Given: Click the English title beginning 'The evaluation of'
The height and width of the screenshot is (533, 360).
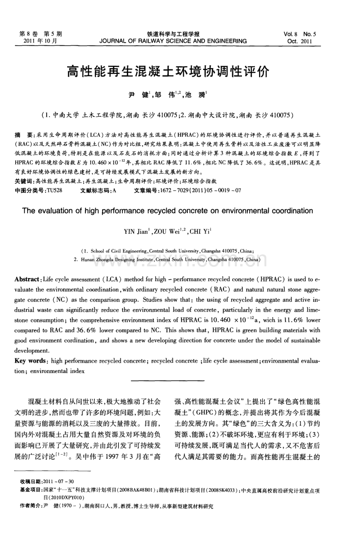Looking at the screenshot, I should click(167, 211).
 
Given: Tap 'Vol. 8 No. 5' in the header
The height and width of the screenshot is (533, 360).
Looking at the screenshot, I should click(300, 34).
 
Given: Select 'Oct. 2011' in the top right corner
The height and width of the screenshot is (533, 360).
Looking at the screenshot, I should click(300, 41).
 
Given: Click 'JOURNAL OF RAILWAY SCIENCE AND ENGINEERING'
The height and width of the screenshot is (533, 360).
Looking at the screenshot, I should click(173, 41).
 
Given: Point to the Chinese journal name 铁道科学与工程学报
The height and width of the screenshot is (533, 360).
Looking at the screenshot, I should click(173, 34).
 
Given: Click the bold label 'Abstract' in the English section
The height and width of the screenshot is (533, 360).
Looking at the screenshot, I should click(27, 280).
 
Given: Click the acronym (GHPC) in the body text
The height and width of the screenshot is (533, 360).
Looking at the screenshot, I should click(201, 413).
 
